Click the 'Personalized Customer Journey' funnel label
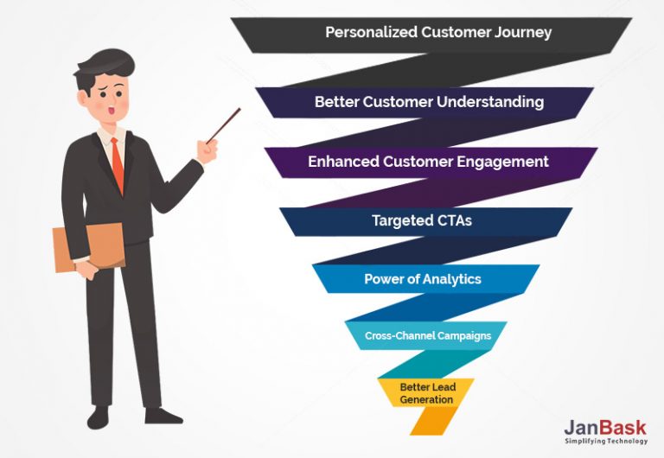pos(438,33)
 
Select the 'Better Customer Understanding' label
pos(429,102)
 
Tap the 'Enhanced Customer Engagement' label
pos(428,162)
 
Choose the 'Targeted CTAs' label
pos(422,220)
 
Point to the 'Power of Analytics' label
pos(422,279)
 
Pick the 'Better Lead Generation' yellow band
pos(426,392)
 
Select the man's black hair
pos(104,66)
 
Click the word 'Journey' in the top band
pos(521,33)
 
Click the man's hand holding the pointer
pos(207,150)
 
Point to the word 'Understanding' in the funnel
pos(489,102)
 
